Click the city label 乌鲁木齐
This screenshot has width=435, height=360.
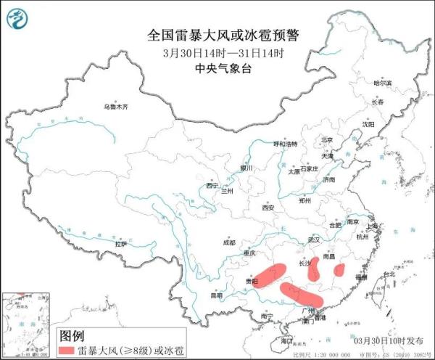click(x=115, y=107)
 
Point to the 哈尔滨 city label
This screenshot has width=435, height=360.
click(x=382, y=83)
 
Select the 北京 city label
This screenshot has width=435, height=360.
click(x=326, y=139)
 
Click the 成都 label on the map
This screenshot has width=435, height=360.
click(x=228, y=243)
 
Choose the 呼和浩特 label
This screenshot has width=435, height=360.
click(x=285, y=144)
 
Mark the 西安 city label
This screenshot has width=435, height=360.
click(x=268, y=208)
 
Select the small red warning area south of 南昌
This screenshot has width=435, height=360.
click(x=339, y=271)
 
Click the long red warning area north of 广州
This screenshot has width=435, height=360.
click(x=301, y=294)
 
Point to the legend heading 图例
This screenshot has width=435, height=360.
click(x=72, y=335)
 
